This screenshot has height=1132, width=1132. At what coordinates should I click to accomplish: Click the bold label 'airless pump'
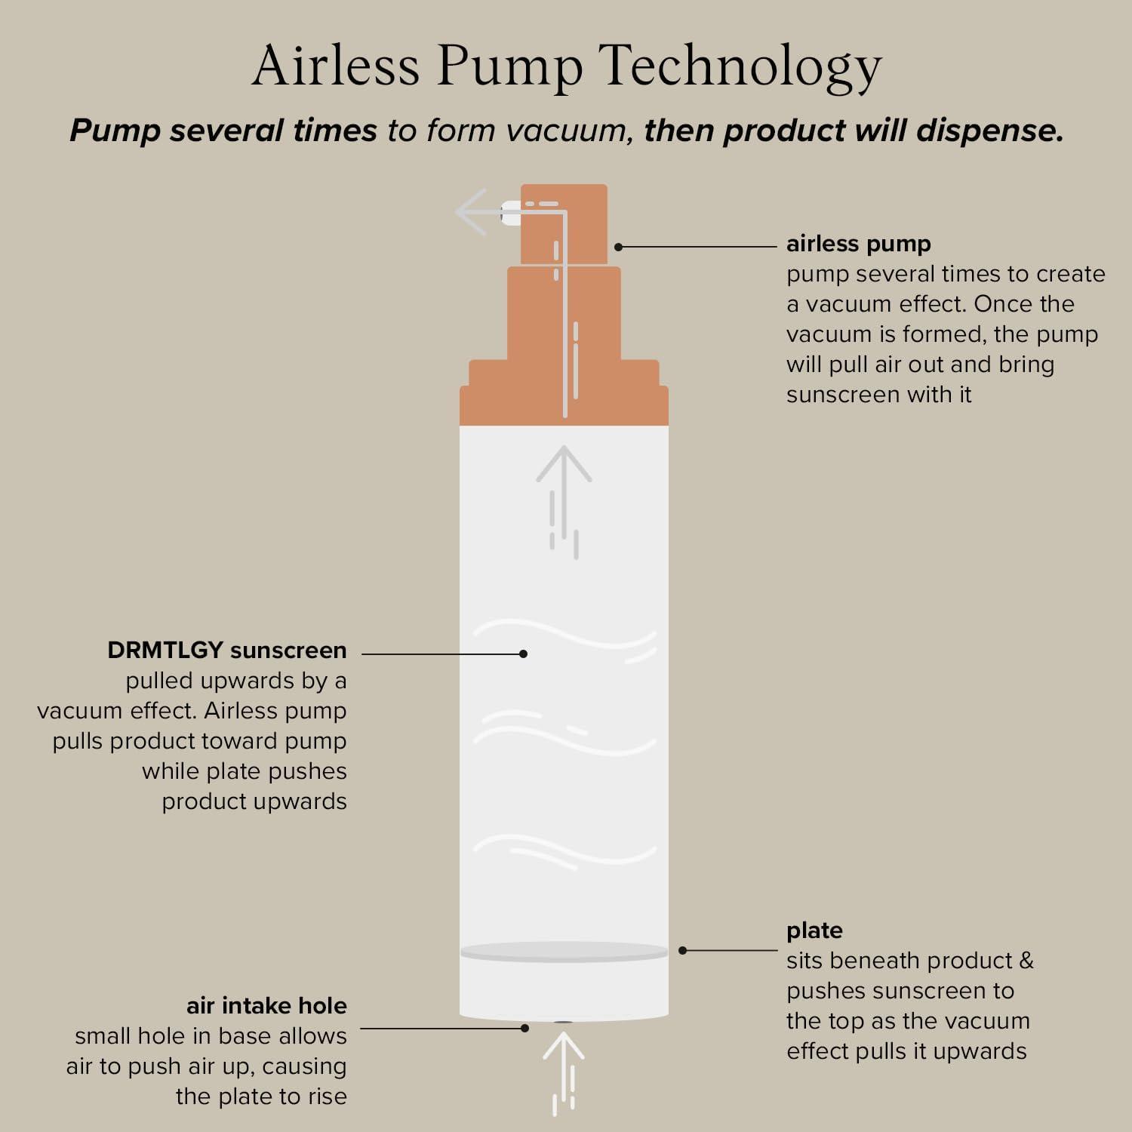pyautogui.click(x=858, y=245)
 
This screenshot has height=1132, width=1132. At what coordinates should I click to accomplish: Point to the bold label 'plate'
pyautogui.click(x=814, y=931)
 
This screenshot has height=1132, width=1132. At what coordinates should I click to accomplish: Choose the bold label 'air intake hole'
pyautogui.click(x=266, y=1005)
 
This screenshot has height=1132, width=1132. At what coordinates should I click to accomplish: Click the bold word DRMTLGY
pyautogui.click(x=165, y=650)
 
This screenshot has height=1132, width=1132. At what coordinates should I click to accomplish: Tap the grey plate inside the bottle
pyautogui.click(x=564, y=952)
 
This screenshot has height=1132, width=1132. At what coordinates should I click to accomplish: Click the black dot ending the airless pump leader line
pyautogui.click(x=618, y=247)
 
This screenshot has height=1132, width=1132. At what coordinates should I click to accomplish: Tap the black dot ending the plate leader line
pyautogui.click(x=682, y=950)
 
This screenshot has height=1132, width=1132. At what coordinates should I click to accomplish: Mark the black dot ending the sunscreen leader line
pyautogui.click(x=523, y=654)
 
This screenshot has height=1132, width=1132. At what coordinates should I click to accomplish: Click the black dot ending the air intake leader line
pyautogui.click(x=525, y=1028)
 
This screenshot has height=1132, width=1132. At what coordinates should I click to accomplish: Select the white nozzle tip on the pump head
pyautogui.click(x=511, y=212)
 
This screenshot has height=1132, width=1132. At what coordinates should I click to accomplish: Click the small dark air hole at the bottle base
pyautogui.click(x=564, y=1022)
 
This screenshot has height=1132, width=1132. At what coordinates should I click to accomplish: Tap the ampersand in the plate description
pyautogui.click(x=1026, y=961)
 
